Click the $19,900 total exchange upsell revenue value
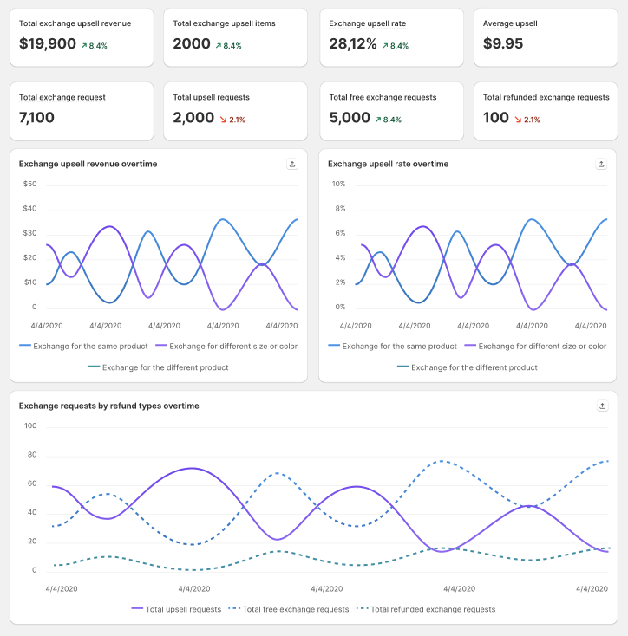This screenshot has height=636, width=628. [x=48, y=43]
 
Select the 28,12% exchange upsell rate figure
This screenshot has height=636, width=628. [x=352, y=43]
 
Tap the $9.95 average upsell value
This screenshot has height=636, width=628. [x=503, y=43]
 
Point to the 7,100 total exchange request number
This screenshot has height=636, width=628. [x=36, y=118]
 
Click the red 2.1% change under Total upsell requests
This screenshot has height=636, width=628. [x=232, y=120]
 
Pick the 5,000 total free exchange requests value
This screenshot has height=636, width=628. [x=350, y=118]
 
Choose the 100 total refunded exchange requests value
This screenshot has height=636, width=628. [x=496, y=118]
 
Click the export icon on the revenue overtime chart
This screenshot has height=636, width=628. [x=292, y=164]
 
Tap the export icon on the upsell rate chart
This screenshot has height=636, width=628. [x=601, y=164]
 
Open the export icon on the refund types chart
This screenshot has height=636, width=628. [x=601, y=406]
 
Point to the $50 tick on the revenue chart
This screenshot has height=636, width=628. [x=29, y=184]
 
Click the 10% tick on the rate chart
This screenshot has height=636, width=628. [x=339, y=184]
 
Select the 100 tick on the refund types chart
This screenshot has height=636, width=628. [x=30, y=425]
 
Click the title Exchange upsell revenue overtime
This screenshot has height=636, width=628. [x=88, y=164]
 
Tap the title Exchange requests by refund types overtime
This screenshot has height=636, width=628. [x=108, y=406]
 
